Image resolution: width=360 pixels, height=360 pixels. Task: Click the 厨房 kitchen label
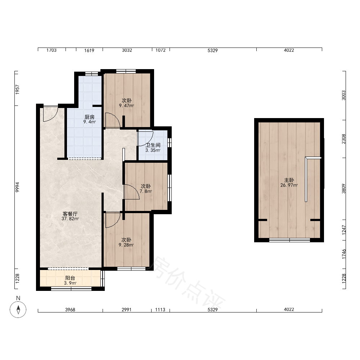tap(90, 117)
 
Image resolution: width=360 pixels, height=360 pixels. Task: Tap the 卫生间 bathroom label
tap(153, 145)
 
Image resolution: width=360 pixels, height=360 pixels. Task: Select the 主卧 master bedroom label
tap(289, 180)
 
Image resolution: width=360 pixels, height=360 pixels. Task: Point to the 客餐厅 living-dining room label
tap(70, 214)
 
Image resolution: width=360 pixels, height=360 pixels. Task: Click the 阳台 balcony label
tap(70, 278)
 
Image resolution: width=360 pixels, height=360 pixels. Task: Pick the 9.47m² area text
tap(126, 105)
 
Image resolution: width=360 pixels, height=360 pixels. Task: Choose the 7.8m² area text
tap(146, 191)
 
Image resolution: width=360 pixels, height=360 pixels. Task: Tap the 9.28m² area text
tap(126, 245)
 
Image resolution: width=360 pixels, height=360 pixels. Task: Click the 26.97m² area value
tap(289, 185)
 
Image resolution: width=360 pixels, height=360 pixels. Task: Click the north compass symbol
tap(18, 310)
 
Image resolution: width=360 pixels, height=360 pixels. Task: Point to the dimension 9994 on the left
tap(17, 187)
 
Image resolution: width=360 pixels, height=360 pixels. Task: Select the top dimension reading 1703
tap(51, 50)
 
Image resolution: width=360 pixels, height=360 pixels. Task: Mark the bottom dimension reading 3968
tap(70, 310)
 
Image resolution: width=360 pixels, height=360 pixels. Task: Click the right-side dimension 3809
tap(343, 189)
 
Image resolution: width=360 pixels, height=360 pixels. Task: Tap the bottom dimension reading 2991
tap(126, 310)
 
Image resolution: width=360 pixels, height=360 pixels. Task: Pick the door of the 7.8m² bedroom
tap(131, 192)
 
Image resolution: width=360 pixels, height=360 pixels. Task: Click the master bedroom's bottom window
tap(289, 240)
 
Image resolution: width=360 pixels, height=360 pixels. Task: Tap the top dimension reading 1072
tap(161, 50)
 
